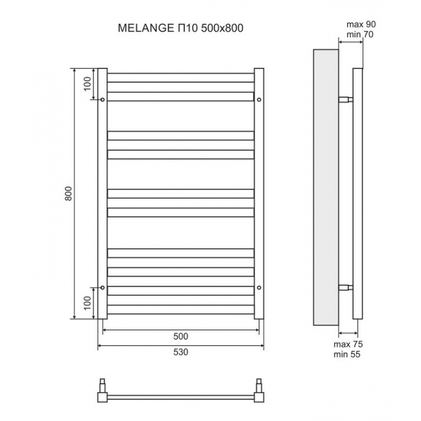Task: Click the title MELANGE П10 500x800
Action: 180,28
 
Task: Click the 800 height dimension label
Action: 69,194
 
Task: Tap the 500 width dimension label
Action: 180,336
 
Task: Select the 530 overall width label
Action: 180,352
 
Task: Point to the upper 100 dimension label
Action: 88,84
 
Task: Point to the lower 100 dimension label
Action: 88,303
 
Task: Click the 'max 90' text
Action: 361,25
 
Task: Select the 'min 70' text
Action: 360,34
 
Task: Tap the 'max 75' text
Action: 348,344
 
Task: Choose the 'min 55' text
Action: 347,354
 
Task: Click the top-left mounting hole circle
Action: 102,100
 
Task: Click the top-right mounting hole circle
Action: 259,100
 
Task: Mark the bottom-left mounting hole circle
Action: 102,287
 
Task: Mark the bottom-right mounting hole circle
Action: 259,287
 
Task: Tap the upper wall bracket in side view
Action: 346,100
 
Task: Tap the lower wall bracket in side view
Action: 346,288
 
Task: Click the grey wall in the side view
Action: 326,187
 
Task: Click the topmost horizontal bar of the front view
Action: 180,78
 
